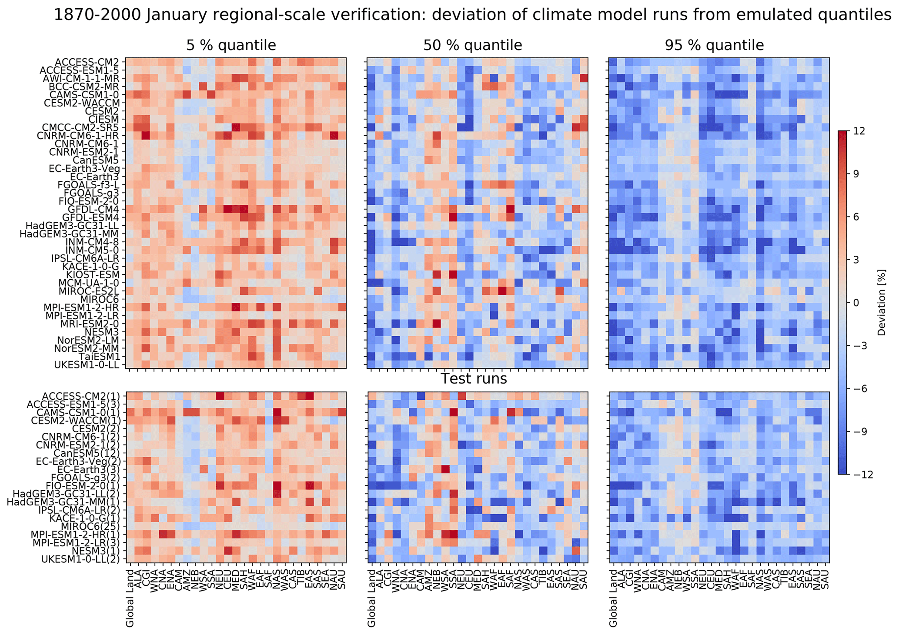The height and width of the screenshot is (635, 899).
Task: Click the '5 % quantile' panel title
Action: click(x=231, y=46)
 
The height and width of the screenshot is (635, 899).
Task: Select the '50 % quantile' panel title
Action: click(x=472, y=46)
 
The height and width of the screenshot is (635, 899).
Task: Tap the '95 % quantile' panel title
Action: click(x=714, y=46)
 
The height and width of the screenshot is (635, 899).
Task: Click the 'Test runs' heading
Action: click(x=474, y=379)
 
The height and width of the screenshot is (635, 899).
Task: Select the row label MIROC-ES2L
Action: click(x=91, y=291)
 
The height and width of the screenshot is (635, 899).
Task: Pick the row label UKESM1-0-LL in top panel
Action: click(x=87, y=365)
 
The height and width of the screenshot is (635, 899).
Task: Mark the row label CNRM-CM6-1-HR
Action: click(x=87, y=135)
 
